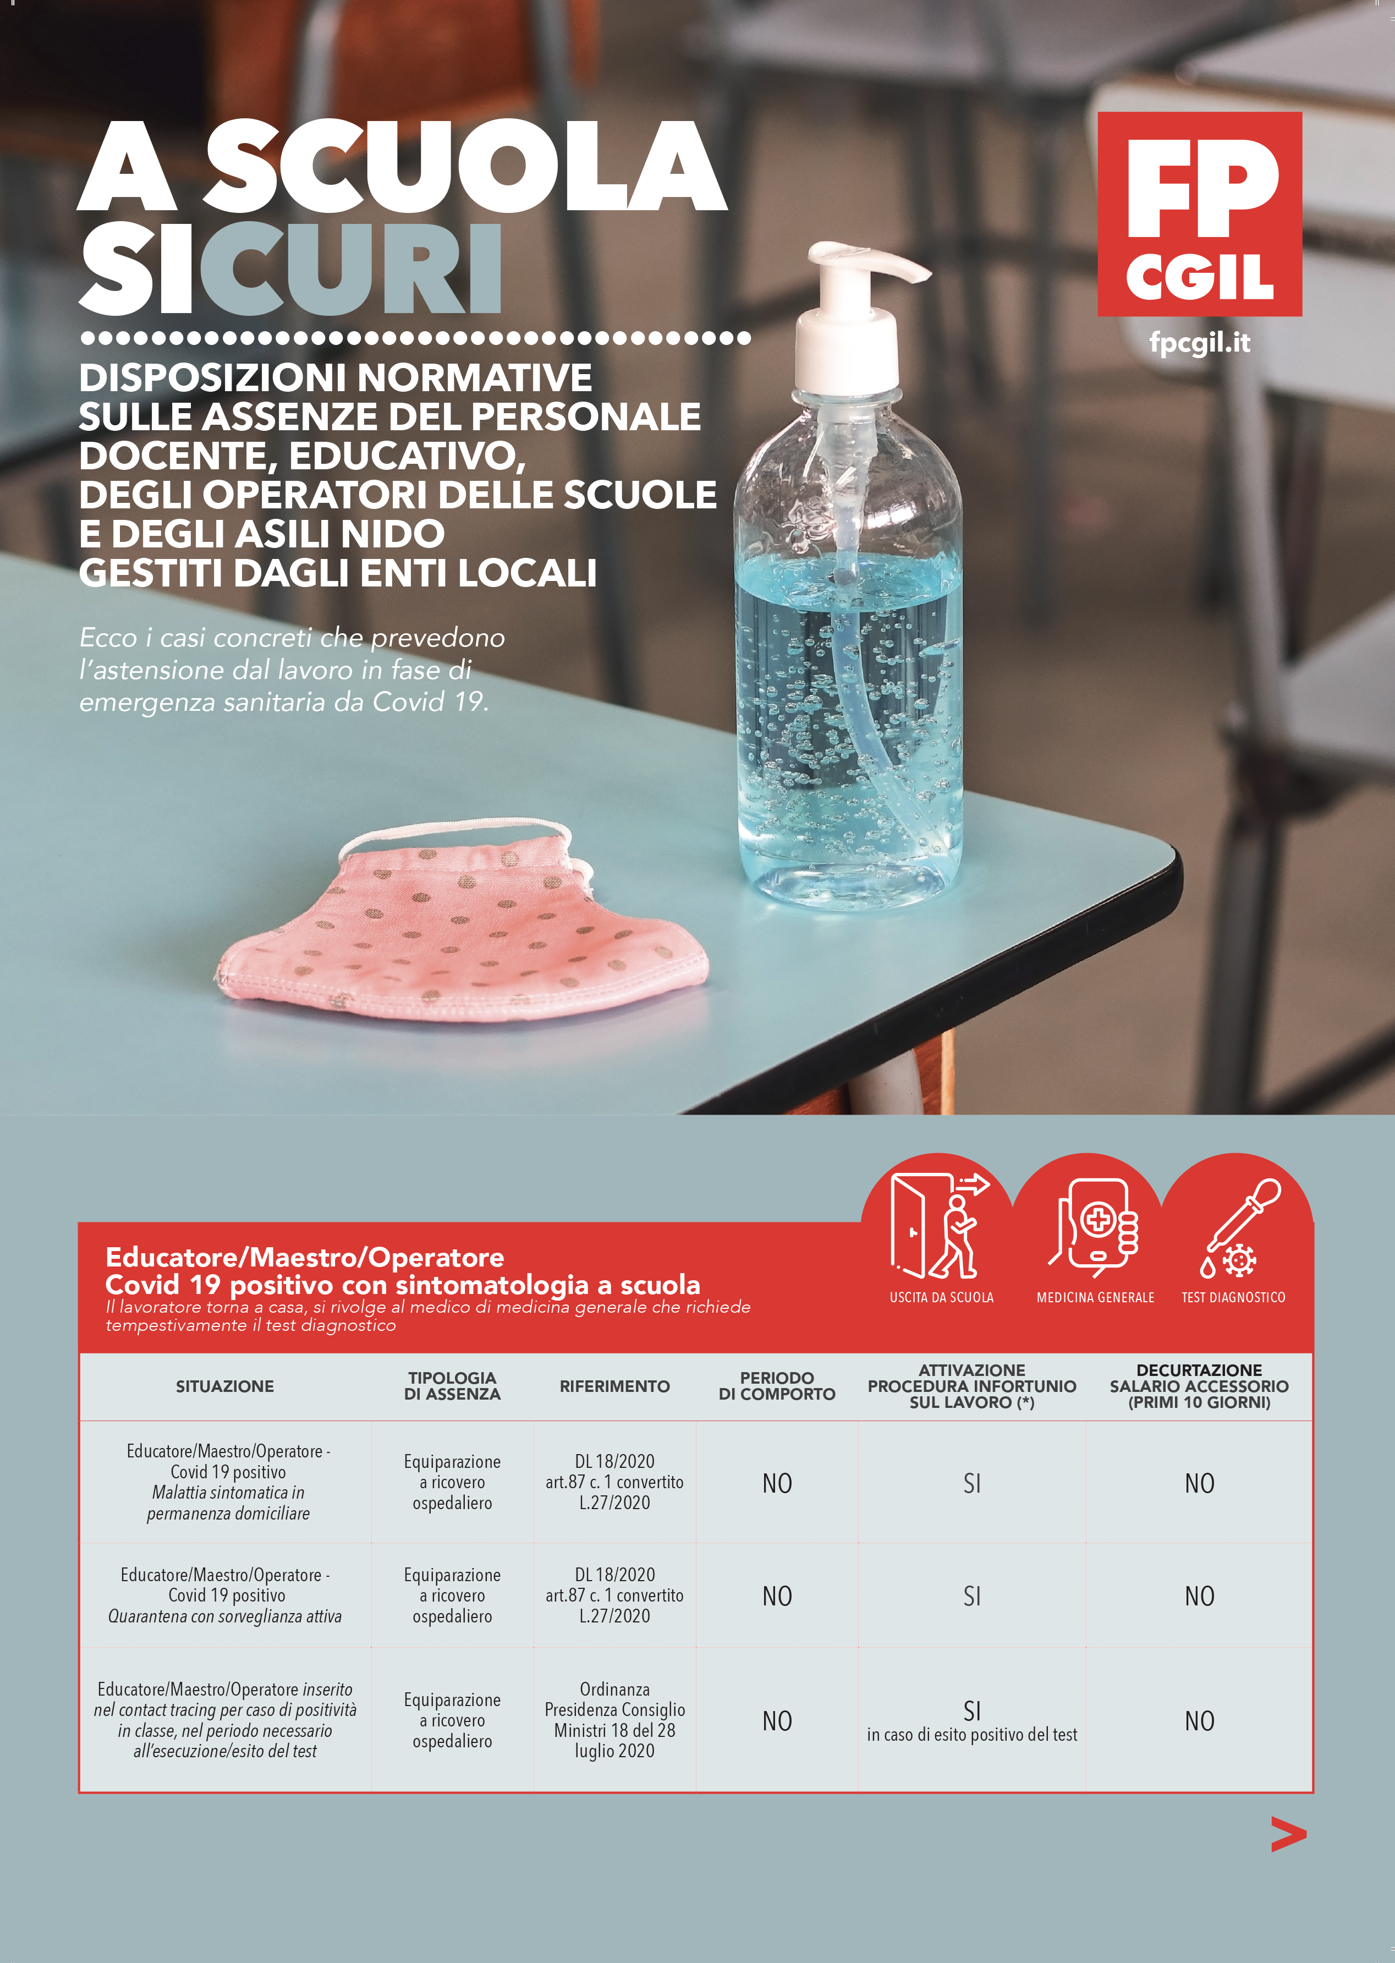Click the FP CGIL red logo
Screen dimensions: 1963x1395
tap(1199, 214)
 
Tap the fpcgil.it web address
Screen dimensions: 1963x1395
tap(1199, 343)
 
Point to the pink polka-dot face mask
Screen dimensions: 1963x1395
tap(464, 928)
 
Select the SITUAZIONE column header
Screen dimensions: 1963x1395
tap(225, 1386)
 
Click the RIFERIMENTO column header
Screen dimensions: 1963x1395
tap(614, 1386)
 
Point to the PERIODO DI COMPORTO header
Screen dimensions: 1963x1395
tap(777, 1386)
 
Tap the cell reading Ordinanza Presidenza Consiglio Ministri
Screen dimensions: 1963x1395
tap(614, 1720)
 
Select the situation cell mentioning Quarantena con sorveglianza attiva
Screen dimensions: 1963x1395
tap(225, 1595)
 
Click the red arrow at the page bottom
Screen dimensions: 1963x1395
tap(1288, 1834)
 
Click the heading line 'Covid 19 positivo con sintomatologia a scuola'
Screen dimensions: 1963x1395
tap(402, 1285)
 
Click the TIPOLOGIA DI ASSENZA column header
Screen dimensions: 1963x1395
tap(452, 1386)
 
